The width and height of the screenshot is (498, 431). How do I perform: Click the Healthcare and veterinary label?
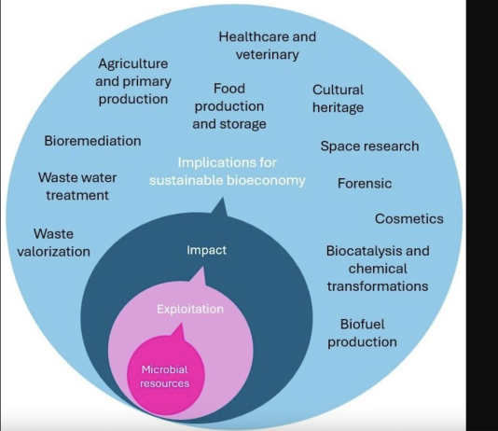(x=268, y=46)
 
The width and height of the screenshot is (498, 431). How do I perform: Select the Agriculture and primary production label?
(x=133, y=81)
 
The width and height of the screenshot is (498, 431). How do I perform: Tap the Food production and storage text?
(x=229, y=106)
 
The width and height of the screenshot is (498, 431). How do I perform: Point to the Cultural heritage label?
(x=338, y=99)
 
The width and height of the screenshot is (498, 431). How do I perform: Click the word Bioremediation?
(x=92, y=141)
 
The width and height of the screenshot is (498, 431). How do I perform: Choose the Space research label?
(x=369, y=146)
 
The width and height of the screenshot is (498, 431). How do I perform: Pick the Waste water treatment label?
(x=77, y=187)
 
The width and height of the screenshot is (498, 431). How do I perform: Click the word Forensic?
(x=365, y=183)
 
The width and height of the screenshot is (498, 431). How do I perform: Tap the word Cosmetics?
(x=409, y=218)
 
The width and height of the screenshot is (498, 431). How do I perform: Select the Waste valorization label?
(x=54, y=243)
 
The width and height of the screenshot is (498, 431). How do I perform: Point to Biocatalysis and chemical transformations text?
(x=378, y=269)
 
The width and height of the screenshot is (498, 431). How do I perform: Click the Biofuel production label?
(x=363, y=333)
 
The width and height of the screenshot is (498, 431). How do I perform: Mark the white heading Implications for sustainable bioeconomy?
(x=228, y=172)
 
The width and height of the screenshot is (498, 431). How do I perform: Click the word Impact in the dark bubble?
(x=206, y=250)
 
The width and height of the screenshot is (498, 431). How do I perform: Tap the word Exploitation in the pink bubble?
(x=190, y=309)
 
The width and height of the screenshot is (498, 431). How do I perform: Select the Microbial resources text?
(x=164, y=376)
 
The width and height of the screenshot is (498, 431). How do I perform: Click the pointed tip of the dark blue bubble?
(x=223, y=198)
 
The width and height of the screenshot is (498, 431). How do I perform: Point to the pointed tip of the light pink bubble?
(x=202, y=267)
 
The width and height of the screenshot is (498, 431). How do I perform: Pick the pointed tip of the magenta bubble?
(x=181, y=323)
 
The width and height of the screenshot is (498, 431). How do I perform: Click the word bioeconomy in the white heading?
(x=266, y=180)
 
